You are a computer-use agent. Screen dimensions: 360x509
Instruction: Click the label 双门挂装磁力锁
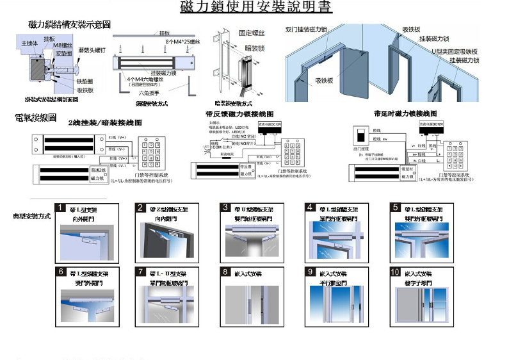tap(307, 29)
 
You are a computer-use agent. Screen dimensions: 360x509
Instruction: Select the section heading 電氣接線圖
tap(35, 119)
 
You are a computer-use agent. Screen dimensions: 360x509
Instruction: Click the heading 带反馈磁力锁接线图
tap(239, 113)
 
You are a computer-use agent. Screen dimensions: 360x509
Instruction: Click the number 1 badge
tap(60, 208)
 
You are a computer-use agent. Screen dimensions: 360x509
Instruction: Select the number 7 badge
tap(141, 272)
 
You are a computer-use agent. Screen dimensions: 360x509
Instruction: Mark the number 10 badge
tap(395, 272)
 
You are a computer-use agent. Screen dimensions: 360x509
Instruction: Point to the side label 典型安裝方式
tap(32, 217)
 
